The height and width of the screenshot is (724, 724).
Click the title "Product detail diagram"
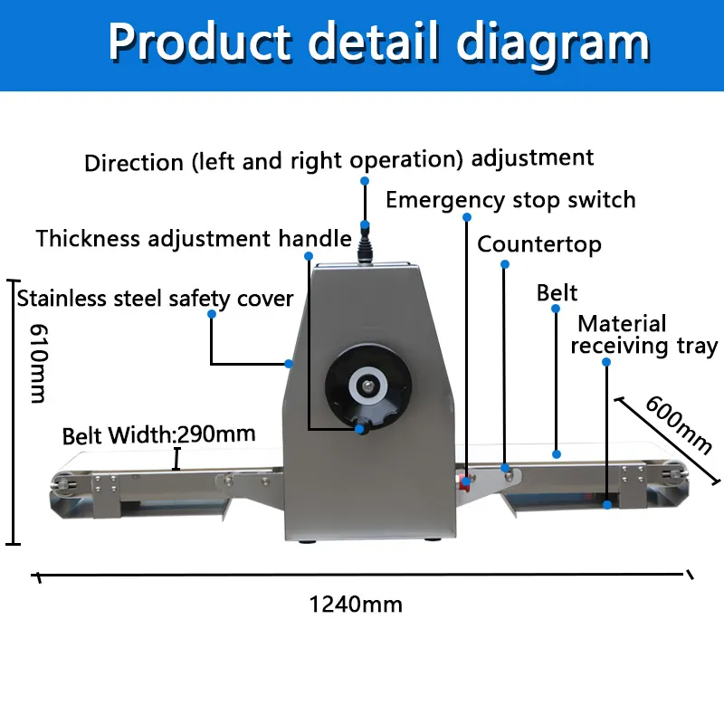[378, 42]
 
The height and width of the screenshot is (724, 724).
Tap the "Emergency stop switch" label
[510, 200]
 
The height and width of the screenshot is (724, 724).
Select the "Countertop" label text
[539, 244]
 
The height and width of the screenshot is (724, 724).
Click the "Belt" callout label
[557, 292]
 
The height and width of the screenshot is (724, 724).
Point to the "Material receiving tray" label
[643, 335]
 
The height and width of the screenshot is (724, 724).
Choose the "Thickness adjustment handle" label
[194, 239]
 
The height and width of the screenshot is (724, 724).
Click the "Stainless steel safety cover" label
[155, 298]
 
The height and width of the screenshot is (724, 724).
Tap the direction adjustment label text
[339, 160]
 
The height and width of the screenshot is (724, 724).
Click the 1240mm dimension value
[356, 604]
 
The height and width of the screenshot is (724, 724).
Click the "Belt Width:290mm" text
[158, 435]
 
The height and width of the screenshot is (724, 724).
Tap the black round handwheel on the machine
[367, 387]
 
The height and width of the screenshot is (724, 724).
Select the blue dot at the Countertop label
[505, 264]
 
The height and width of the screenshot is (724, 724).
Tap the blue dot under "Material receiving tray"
[606, 362]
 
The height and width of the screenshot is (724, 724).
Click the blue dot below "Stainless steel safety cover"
[211, 314]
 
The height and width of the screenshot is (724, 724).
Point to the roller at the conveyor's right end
[674, 472]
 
